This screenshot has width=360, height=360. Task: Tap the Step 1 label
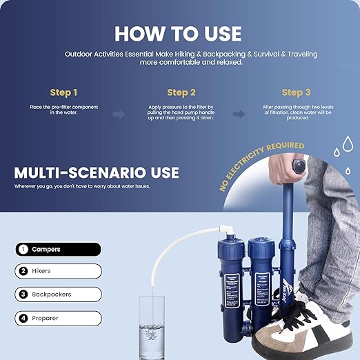click(64, 92)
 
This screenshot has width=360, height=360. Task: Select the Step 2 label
click(181, 92)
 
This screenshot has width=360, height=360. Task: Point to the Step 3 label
click(296, 92)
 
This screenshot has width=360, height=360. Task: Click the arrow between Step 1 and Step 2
click(119, 114)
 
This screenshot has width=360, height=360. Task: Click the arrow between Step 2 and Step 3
click(239, 114)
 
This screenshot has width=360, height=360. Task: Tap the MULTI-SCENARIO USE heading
click(97, 172)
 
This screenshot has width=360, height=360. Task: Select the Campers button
click(58, 250)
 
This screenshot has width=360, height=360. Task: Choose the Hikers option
click(58, 272)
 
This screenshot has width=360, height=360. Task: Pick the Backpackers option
click(58, 294)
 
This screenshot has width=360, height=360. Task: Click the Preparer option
click(58, 318)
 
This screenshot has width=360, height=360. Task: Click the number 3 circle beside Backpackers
click(23, 294)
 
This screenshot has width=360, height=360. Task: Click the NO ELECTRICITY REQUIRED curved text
click(263, 166)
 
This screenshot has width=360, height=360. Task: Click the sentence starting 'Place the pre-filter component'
click(64, 111)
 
